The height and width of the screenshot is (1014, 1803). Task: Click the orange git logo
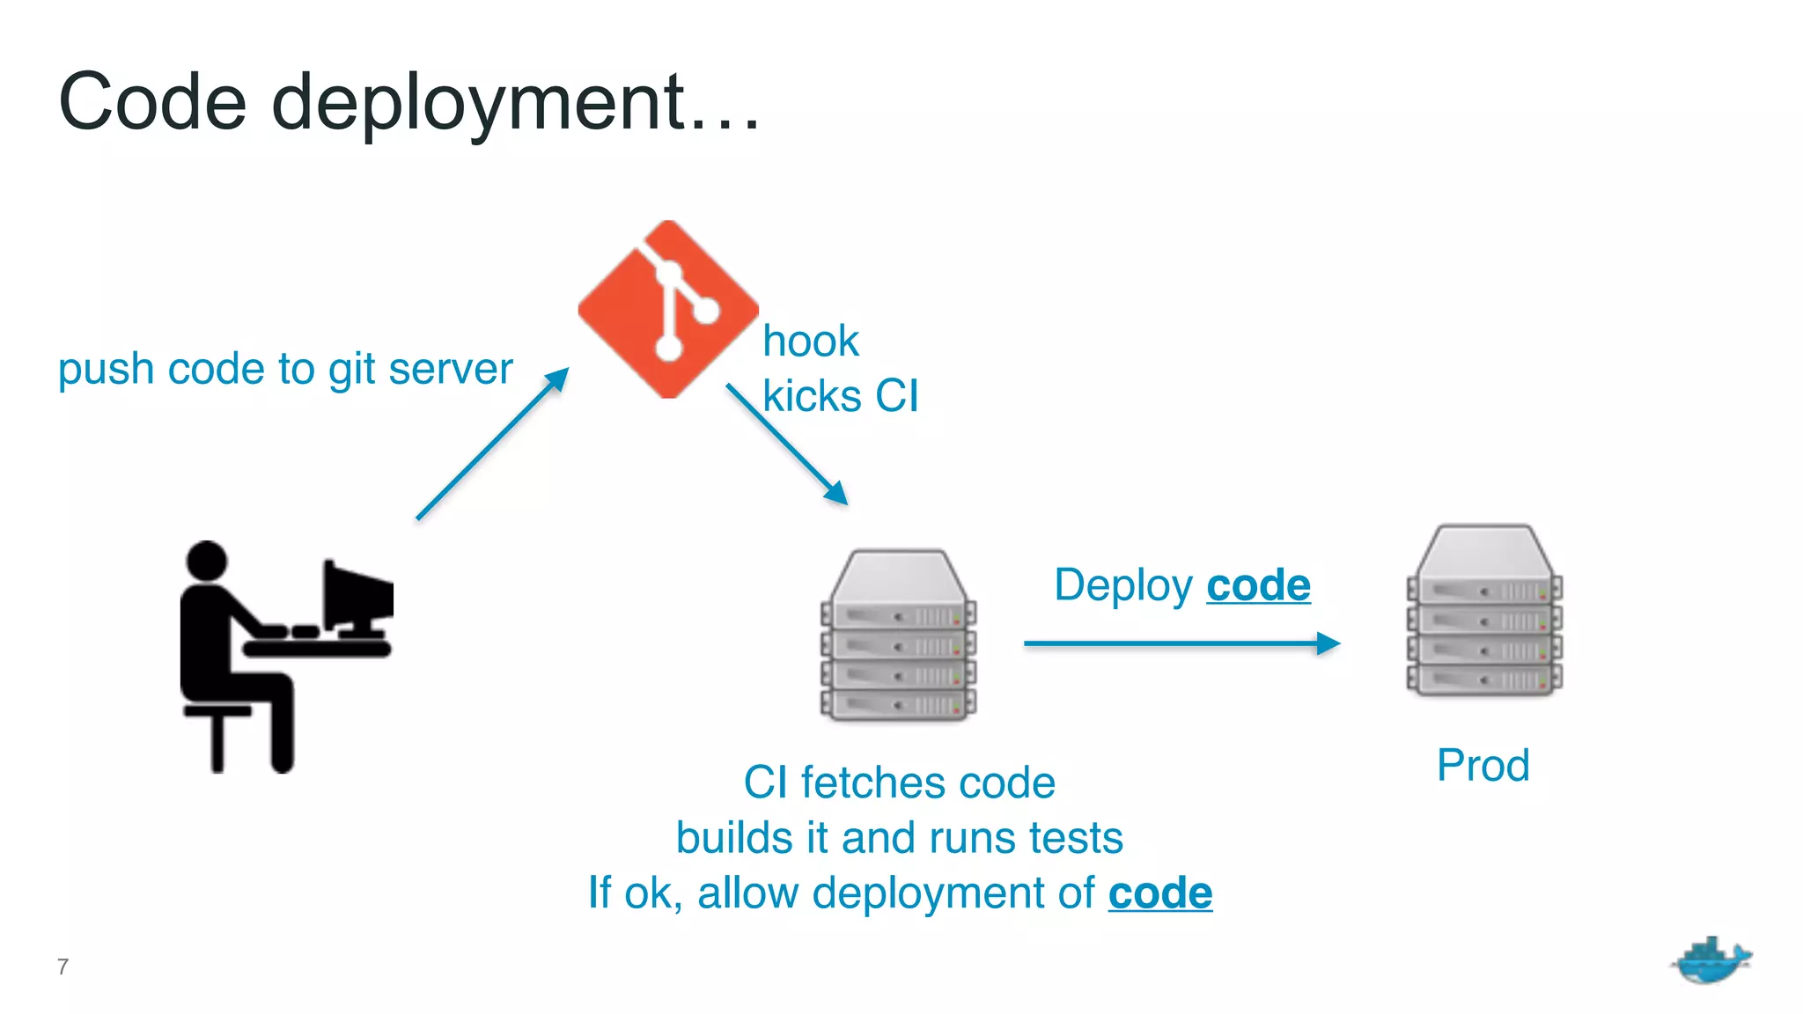point(668,309)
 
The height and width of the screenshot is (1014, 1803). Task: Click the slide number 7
point(63,966)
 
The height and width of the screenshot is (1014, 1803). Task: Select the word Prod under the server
point(1483,765)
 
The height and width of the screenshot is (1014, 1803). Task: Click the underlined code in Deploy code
point(1258,585)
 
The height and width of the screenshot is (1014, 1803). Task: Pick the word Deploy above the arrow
point(1123,586)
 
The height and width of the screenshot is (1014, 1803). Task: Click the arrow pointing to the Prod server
point(1180,643)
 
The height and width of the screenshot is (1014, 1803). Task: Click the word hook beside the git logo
point(810,342)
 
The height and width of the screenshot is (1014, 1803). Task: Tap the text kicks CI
point(840,396)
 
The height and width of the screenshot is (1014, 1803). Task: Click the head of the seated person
point(208,561)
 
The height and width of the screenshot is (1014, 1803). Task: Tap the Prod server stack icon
point(1484,612)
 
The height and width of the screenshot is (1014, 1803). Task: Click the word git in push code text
point(351,370)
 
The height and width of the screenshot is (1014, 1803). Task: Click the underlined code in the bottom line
point(1159,893)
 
